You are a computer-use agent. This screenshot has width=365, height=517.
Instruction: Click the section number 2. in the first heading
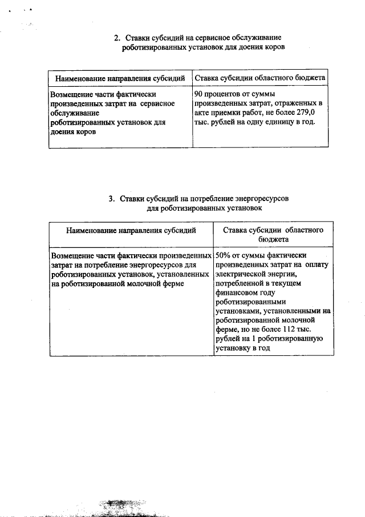click(x=116, y=38)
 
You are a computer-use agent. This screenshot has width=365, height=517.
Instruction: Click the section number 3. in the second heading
click(x=112, y=199)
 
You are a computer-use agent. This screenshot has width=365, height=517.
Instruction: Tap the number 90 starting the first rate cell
click(x=199, y=93)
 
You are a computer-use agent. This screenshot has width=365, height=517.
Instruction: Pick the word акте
click(x=203, y=113)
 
